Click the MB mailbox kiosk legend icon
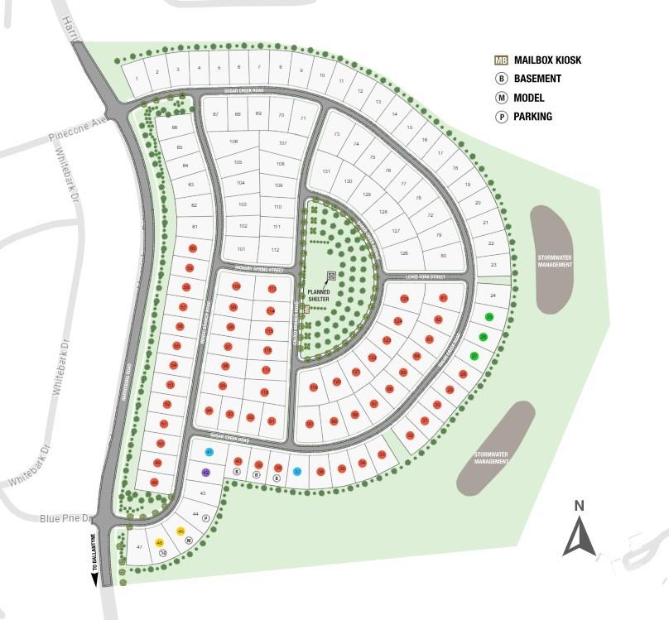(501, 60)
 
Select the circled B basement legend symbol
(501, 79)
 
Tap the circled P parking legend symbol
(501, 117)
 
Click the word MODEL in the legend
(528, 98)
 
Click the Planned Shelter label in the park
(319, 295)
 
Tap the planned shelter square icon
(331, 276)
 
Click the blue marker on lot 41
(209, 452)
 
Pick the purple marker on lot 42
(206, 472)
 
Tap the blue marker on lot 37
(297, 471)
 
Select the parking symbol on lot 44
(206, 518)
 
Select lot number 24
(493, 296)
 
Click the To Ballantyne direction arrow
(94, 579)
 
